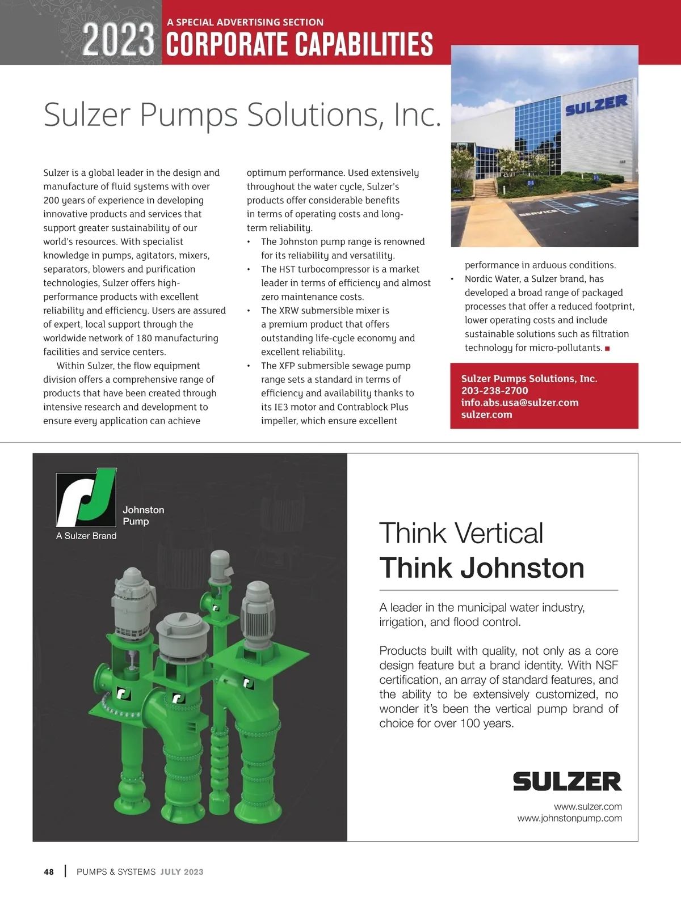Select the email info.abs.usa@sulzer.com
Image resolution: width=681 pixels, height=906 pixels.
coord(519,403)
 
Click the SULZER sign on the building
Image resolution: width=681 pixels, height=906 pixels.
coord(596,105)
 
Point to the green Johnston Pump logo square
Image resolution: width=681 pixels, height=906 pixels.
coord(86,497)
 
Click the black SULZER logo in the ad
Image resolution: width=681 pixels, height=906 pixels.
coord(567,781)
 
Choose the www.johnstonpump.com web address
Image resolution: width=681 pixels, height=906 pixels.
coord(569,818)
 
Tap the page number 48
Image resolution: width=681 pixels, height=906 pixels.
coord(49,872)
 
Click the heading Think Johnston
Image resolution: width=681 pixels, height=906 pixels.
coord(481,568)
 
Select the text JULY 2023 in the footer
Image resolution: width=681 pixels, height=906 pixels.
coord(182,872)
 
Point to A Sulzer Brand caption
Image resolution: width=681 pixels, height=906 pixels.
coord(86,536)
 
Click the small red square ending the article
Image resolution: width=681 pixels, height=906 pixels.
coord(607,349)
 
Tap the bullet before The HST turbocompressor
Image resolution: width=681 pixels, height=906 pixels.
coord(249,269)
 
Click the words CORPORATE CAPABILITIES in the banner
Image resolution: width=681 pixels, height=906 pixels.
coord(300,45)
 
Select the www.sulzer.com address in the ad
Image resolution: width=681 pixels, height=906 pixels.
coord(587,806)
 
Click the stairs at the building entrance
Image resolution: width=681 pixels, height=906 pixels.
coord(485,188)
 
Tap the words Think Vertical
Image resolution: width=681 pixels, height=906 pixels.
coord(461,534)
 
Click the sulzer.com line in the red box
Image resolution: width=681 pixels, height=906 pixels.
coord(486,414)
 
